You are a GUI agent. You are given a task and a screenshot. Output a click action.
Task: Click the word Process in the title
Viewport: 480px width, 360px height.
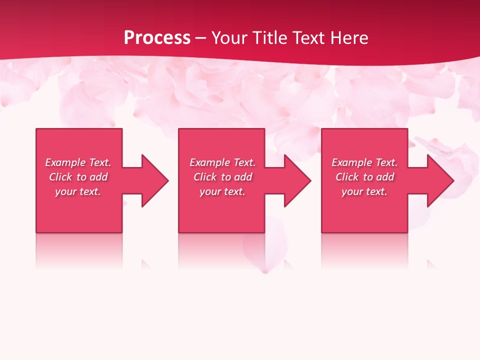point(157,38)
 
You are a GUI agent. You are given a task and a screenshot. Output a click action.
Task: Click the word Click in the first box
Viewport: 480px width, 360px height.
point(60,177)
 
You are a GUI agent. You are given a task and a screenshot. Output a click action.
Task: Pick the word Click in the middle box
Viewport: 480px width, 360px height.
point(205,177)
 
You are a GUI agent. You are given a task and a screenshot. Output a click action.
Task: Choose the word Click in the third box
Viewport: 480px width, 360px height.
point(347,177)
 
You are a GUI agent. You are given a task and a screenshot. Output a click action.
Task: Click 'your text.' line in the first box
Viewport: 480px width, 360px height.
point(78,191)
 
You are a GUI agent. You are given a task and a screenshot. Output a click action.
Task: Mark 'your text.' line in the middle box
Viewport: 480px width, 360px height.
point(222,191)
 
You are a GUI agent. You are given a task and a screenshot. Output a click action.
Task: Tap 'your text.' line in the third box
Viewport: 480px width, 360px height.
point(364,191)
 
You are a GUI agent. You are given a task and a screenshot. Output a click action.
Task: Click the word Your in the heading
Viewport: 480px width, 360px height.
point(227,38)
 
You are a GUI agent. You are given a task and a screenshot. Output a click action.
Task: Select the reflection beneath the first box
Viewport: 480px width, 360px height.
point(79,250)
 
